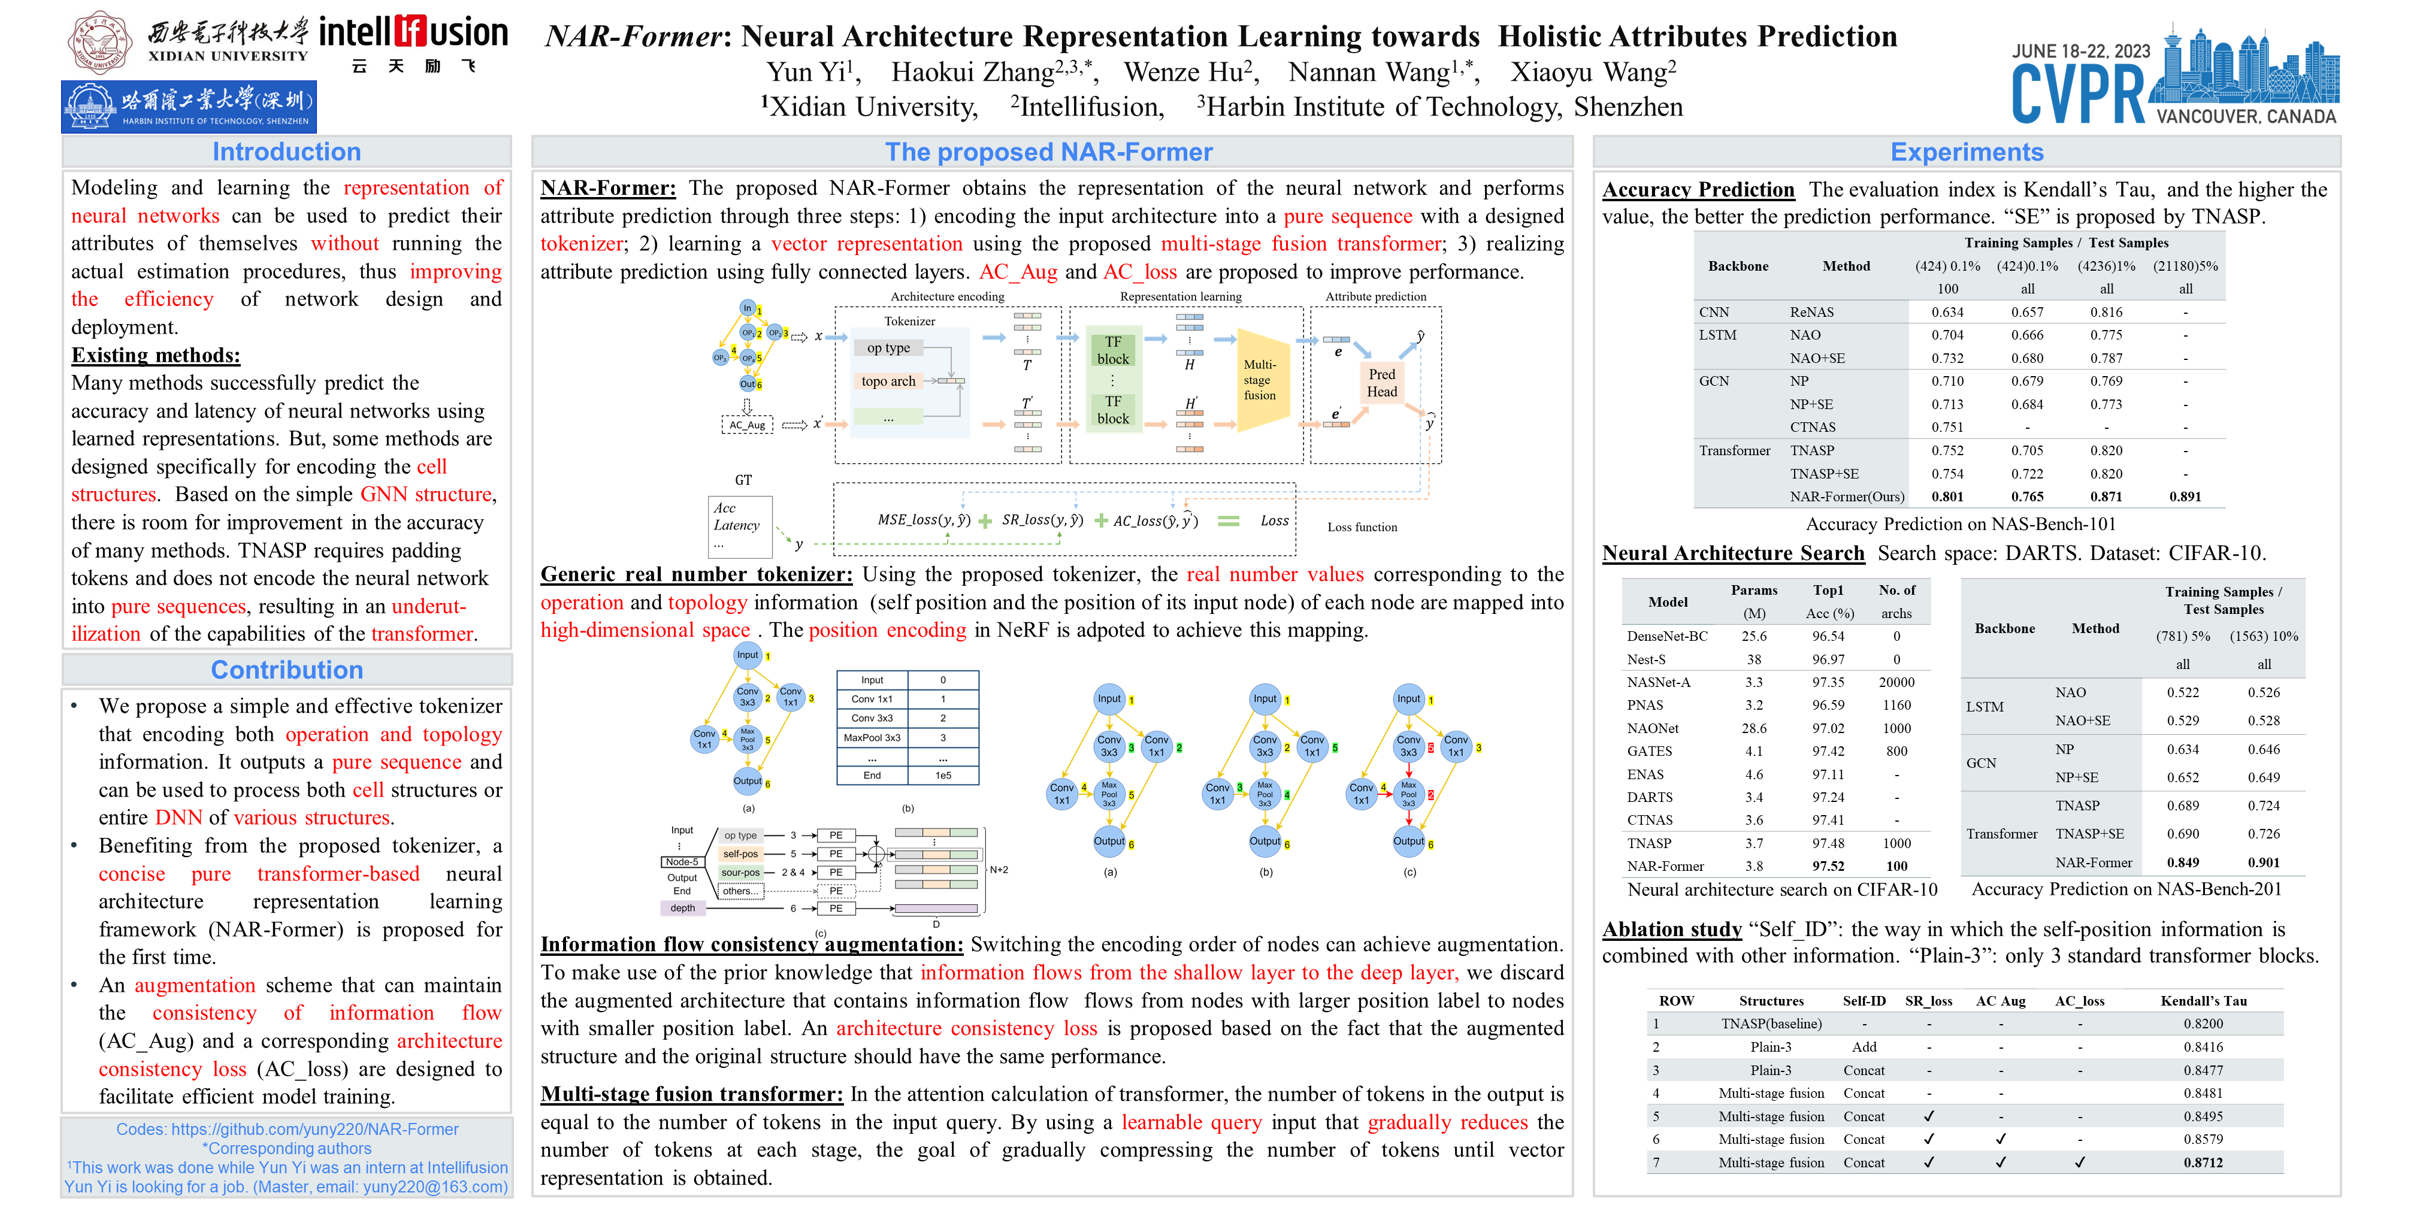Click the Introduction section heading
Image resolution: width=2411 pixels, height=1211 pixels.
(286, 152)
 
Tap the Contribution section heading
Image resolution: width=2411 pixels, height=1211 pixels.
(286, 670)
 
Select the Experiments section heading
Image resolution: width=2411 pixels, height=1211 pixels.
(1967, 152)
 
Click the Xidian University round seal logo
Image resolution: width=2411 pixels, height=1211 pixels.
(100, 41)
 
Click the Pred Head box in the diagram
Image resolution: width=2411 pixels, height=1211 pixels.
(1381, 383)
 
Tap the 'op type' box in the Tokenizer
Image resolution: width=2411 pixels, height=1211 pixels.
(888, 348)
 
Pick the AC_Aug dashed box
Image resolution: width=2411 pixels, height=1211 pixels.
(747, 425)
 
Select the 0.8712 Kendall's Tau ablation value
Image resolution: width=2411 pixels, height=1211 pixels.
(2203, 1162)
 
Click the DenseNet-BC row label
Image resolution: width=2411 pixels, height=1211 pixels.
(1667, 637)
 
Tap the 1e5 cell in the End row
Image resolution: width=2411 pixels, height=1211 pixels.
(942, 775)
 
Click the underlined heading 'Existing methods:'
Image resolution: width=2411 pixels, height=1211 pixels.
(155, 356)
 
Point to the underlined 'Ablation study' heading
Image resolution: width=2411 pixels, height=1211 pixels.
(1672, 930)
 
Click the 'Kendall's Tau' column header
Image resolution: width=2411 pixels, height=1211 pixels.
(2203, 1000)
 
